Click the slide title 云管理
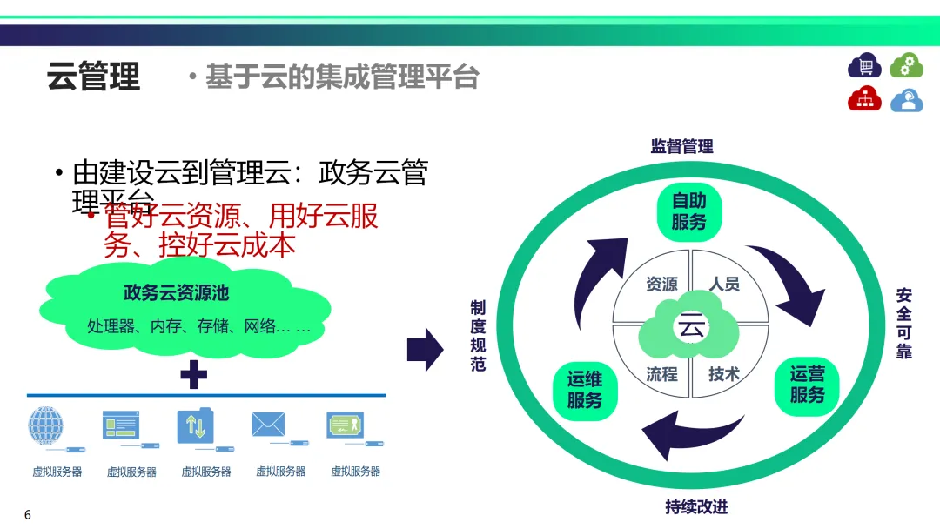coord(93,77)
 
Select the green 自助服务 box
coord(689,211)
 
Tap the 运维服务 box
coord(585,390)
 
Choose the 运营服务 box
coord(807,385)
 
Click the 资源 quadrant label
coord(661,285)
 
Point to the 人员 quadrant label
coord(724,285)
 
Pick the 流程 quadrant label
coord(661,374)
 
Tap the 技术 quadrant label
coord(724,374)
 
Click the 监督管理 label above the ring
coord(682,146)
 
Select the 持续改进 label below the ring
coord(696,506)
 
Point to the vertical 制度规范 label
coord(478,336)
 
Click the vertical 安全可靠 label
coord(904,324)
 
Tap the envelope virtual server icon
coord(268,425)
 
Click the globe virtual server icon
coord(45,426)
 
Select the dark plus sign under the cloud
coord(193,376)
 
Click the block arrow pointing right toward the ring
coord(426,349)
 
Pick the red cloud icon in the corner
coord(865,99)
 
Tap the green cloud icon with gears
coord(906,65)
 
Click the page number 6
coord(28,515)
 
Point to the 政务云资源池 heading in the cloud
coord(177,293)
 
